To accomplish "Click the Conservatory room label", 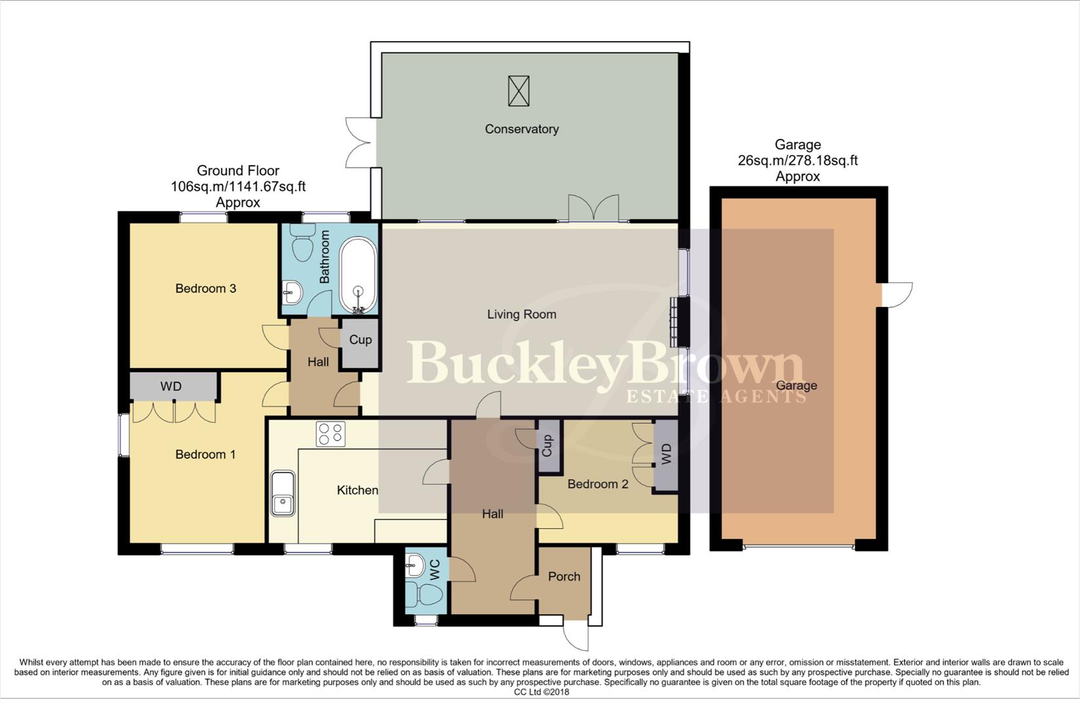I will (521, 129).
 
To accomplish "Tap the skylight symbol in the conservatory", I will (518, 91).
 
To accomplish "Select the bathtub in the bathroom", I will (358, 276).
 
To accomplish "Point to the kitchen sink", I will (283, 494).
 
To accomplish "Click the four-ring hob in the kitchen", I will (330, 433).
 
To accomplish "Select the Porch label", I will (564, 577).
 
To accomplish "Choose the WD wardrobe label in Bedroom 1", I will (171, 386).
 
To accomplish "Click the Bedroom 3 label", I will (206, 289).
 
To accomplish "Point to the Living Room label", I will (521, 314).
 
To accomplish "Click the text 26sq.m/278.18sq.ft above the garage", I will (797, 160).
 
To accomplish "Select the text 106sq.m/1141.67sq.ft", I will (238, 187).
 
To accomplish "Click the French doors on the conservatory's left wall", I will (359, 141).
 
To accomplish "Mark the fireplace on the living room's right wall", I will (674, 322).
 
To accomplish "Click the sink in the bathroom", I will (293, 291).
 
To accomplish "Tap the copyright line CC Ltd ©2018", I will (541, 692).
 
